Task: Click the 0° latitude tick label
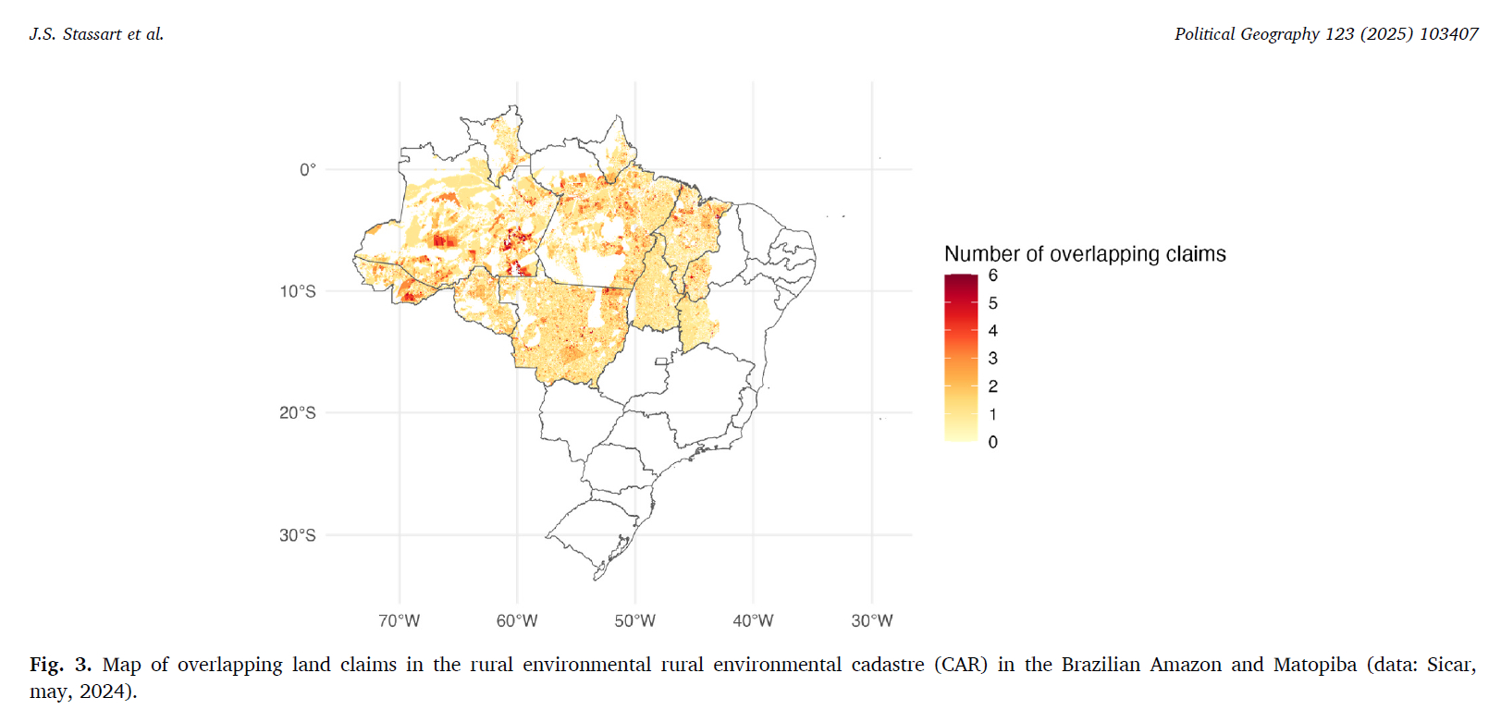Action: click(307, 169)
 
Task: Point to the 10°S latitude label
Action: click(298, 291)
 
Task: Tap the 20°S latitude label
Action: click(298, 412)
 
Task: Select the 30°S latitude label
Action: click(298, 535)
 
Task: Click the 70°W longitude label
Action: click(399, 620)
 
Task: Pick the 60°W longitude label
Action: click(517, 620)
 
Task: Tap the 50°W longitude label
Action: click(635, 620)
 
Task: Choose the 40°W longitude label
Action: click(753, 620)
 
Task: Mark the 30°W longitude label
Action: click(872, 620)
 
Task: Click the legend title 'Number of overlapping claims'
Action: click(1085, 254)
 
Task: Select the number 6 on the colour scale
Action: click(993, 275)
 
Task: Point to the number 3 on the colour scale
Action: click(993, 359)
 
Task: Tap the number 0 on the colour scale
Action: click(993, 442)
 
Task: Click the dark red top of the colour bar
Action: click(961, 280)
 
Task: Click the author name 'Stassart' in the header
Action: click(92, 34)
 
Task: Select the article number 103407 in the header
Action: click(1448, 34)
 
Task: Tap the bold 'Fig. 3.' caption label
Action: click(61, 665)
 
